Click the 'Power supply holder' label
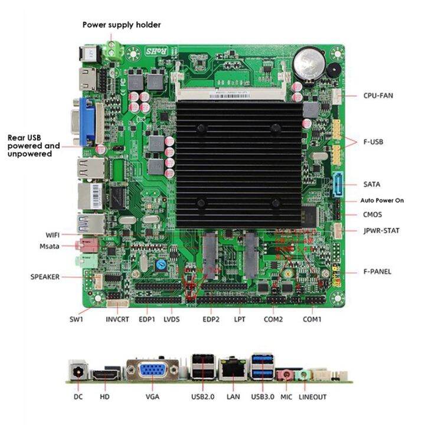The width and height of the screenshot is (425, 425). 121,25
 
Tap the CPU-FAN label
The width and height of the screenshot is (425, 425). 378,95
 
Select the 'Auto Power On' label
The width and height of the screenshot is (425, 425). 382,201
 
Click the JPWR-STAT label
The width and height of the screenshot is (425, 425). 381,231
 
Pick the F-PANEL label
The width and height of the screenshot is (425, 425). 377,272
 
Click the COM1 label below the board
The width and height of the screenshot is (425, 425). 312,319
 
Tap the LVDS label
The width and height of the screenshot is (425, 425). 171,319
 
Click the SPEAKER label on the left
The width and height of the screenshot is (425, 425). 45,276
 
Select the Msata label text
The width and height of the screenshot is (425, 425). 50,246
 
